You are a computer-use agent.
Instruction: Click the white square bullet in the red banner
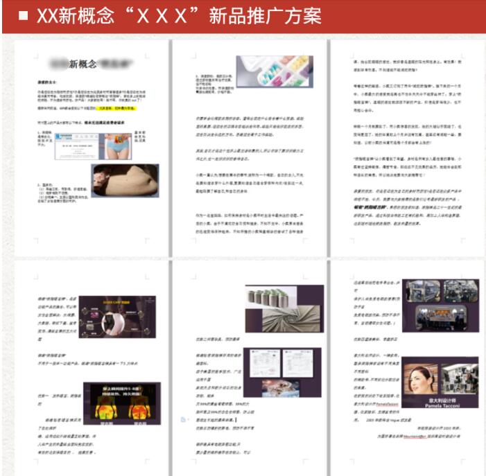click(23, 16)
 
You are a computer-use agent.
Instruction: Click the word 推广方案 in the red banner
click(283, 16)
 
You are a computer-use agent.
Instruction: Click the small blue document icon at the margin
click(182, 420)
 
